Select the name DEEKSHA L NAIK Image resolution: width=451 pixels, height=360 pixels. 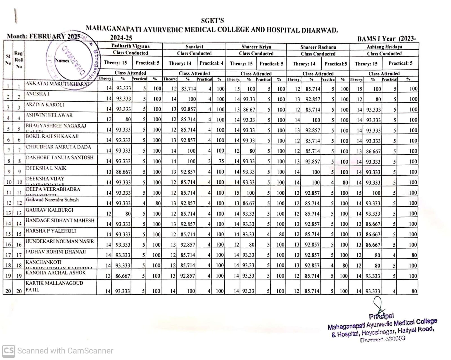pyautogui.click(x=46, y=168)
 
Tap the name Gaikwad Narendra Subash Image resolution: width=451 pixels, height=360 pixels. pyautogui.click(x=52, y=200)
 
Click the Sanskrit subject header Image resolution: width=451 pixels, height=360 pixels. pyautogui.click(x=194, y=47)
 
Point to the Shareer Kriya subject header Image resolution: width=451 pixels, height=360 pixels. pyautogui.click(x=256, y=47)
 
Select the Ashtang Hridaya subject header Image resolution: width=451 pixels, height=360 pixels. pyautogui.click(x=384, y=47)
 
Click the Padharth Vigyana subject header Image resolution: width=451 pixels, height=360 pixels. pyautogui.click(x=130, y=46)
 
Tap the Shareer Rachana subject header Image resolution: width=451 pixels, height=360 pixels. pyautogui.click(x=318, y=47)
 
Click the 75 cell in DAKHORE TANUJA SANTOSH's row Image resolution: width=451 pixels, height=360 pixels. pyautogui.click(x=221, y=161)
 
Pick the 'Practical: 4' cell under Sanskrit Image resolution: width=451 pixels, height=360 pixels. pyautogui.click(x=211, y=63)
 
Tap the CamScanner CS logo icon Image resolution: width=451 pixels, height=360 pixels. pyautogui.click(x=8, y=351)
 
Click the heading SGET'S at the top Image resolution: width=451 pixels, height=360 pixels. pyautogui.click(x=212, y=21)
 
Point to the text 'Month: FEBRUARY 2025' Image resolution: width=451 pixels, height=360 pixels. pyautogui.click(x=44, y=36)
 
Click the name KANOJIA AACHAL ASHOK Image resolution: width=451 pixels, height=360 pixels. pyautogui.click(x=56, y=273)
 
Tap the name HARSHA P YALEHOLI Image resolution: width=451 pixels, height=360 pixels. pyautogui.click(x=51, y=231)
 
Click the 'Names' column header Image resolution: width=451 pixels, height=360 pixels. pyautogui.click(x=62, y=60)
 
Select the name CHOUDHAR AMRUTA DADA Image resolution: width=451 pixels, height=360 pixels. pyautogui.click(x=58, y=147)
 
